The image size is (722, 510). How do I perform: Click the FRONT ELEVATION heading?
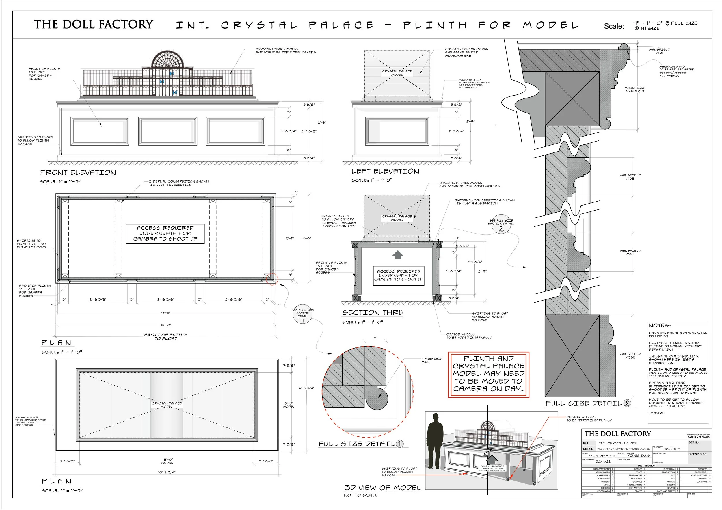click(78, 173)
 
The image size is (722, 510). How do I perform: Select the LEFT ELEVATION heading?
click(385, 171)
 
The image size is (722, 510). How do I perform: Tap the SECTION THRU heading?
click(372, 312)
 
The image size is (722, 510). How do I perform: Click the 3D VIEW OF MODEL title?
click(383, 488)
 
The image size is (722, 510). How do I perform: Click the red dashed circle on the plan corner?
click(272, 279)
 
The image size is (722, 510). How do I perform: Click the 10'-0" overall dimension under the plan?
click(166, 325)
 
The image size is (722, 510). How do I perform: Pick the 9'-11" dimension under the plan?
click(166, 313)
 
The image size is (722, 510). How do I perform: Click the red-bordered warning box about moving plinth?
click(488, 375)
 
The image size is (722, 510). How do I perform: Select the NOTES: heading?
click(660, 326)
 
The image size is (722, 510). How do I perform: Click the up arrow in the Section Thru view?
click(398, 254)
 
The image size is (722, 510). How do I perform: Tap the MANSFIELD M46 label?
click(431, 360)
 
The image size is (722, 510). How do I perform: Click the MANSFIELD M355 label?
click(630, 356)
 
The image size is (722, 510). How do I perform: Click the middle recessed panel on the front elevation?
click(168, 131)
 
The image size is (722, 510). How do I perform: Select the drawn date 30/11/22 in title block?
click(603, 461)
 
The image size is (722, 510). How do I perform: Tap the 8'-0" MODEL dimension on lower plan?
click(167, 461)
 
